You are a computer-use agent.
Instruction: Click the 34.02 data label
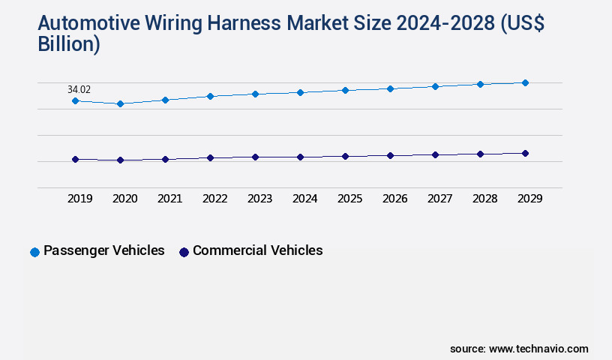79,89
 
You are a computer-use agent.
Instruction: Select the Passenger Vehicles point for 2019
75,100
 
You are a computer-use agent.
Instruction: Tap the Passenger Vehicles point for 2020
120,103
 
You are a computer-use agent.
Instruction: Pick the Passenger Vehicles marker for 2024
300,92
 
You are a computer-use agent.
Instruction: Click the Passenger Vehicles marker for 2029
525,82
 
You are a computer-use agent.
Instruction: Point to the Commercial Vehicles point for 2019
75,159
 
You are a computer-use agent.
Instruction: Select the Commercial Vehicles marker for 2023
255,157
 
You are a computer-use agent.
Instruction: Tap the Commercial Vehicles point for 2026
390,155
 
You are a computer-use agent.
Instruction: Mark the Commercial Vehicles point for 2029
525,153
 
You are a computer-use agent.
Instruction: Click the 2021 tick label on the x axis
169,199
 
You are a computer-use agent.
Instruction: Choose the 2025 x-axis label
349,199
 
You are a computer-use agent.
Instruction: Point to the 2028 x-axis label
484,199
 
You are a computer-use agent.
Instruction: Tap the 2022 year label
214,199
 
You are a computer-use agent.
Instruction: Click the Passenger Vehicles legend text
103,250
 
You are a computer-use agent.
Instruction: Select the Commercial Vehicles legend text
257,250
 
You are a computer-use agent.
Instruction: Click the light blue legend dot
34,252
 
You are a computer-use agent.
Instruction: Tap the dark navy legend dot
184,252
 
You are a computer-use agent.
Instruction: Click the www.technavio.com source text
538,349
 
